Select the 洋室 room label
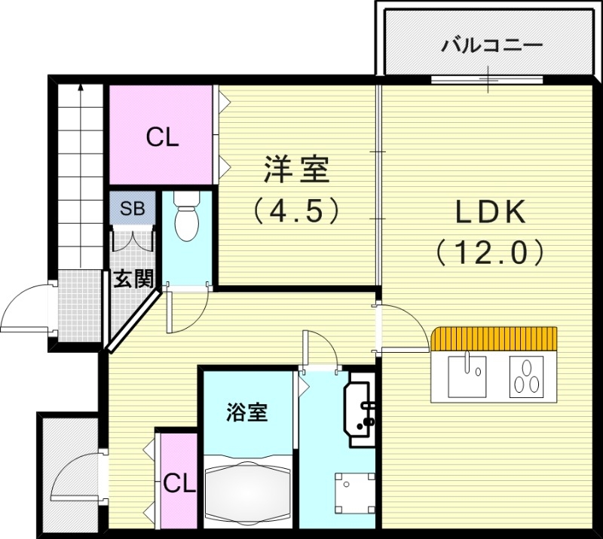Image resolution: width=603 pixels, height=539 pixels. pyautogui.click(x=296, y=169)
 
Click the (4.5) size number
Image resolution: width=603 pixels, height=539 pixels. pyautogui.click(x=296, y=210)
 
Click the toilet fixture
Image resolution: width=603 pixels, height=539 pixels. pyautogui.click(x=185, y=218)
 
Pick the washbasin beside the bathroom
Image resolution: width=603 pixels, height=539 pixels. pyautogui.click(x=360, y=409)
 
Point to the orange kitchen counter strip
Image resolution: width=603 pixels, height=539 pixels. pyautogui.click(x=494, y=338)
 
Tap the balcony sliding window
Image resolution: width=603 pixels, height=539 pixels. pyautogui.click(x=487, y=78)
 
